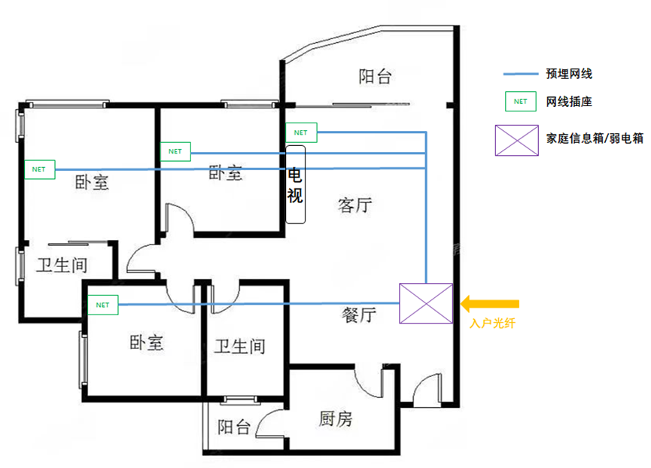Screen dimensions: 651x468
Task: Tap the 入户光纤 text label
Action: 490,324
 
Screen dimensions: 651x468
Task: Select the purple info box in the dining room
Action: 426,304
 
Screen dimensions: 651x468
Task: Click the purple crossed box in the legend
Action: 516,140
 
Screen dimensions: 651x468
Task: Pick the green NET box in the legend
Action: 519,101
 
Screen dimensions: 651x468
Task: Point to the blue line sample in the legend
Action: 519,74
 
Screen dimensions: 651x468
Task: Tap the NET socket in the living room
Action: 301,132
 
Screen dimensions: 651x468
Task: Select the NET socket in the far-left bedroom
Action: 39,169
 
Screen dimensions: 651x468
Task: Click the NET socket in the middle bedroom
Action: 175,151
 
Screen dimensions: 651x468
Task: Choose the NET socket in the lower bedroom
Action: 103,305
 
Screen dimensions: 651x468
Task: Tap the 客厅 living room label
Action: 355,205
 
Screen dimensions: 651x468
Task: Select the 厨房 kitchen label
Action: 335,419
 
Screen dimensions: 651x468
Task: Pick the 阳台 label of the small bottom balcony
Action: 234,427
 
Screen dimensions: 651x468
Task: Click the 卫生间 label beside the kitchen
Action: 239,346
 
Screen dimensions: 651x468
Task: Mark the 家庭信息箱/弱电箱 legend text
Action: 595,139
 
